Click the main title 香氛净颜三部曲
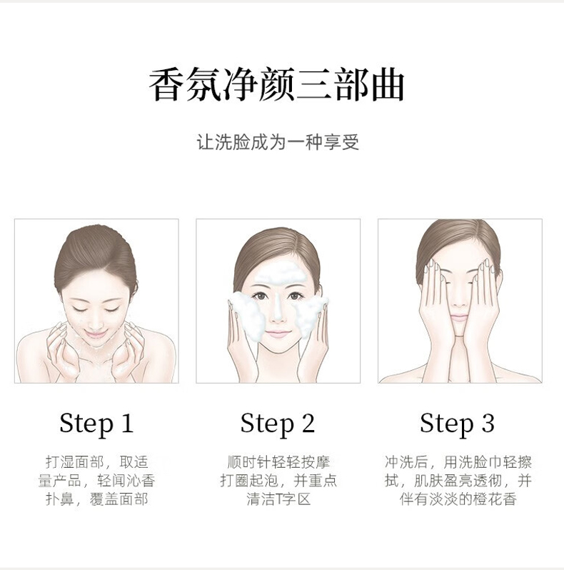coord(277,84)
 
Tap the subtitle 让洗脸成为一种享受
coord(278,141)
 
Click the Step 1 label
coord(96,424)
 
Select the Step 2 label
coord(277,424)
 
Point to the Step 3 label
coord(457,424)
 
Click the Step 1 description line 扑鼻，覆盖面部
coord(97,499)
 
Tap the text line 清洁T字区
coord(278,499)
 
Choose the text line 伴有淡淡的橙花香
coord(458,499)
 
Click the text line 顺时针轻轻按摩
coord(278,462)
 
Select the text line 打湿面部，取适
coord(97,462)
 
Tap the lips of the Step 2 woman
coord(278,334)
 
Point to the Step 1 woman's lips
coord(96,334)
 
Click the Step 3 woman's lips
coord(459,318)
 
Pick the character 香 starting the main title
coord(166,84)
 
